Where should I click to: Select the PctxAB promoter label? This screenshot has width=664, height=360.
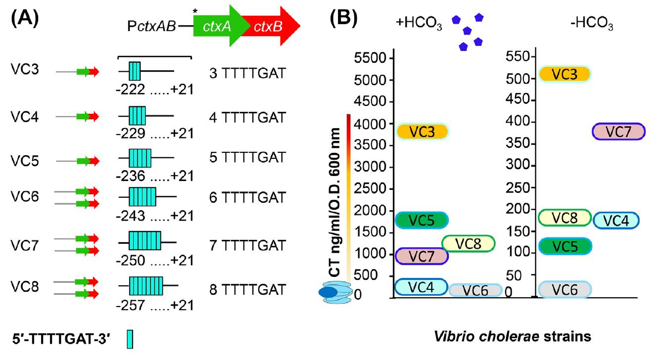tap(151, 26)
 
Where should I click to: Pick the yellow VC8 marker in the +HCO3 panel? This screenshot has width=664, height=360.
tap(468, 243)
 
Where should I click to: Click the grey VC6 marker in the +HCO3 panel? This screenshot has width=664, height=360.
tap(475, 290)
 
